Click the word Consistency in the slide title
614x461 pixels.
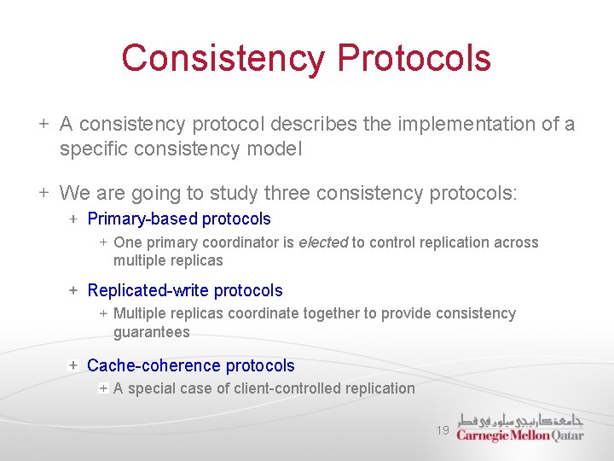[223, 58]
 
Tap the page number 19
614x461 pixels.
[443, 431]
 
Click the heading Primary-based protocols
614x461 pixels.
[179, 219]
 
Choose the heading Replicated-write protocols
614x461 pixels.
[185, 291]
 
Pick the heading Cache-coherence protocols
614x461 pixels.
[191, 366]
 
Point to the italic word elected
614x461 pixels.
[323, 242]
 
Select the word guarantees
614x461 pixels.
[152, 332]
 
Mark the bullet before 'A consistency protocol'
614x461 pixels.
[43, 125]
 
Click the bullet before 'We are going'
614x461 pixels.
[43, 193]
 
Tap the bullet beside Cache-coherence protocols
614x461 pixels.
[73, 366]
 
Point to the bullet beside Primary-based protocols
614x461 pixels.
[73, 219]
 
